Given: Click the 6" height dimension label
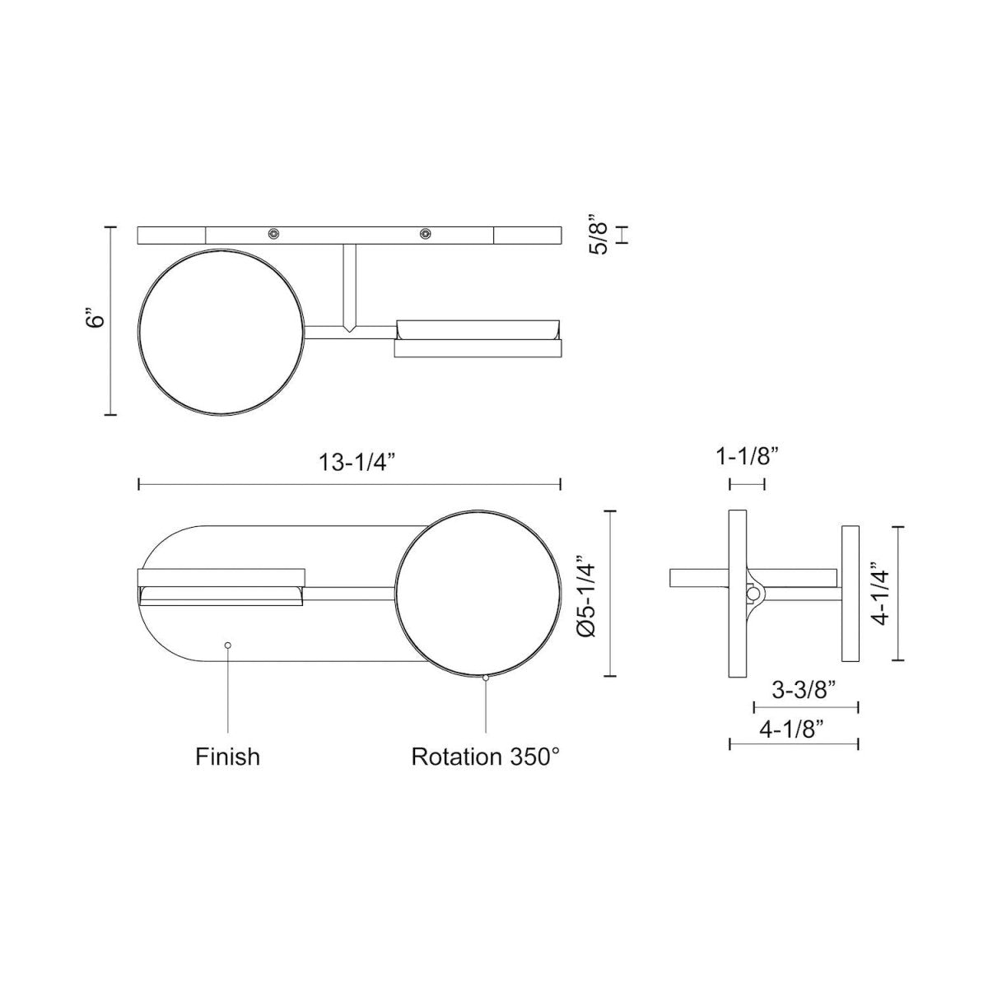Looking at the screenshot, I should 97,319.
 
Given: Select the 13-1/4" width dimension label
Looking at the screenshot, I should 350,462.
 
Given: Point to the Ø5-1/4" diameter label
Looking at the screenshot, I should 586,594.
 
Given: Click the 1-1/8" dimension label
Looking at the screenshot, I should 747,454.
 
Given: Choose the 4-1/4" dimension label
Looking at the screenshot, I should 881,594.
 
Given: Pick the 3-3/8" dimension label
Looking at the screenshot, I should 805,691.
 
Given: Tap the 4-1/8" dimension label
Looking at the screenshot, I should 793,728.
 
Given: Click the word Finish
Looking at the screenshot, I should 227,756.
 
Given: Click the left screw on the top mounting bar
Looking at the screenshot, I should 273,235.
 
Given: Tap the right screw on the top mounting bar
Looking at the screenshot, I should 425,235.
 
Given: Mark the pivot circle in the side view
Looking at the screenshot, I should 752,593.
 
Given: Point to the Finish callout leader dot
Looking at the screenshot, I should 228,645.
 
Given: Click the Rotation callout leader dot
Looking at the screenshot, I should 486,678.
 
